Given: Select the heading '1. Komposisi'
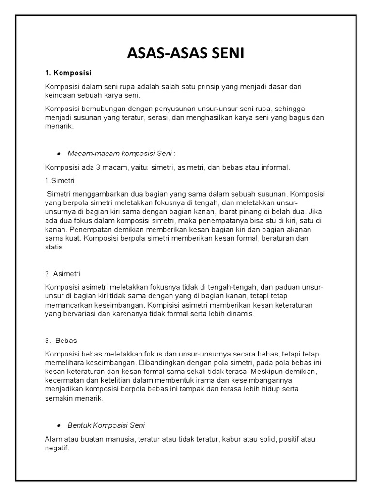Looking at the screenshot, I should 68,73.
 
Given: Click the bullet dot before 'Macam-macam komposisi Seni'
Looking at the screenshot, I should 59,153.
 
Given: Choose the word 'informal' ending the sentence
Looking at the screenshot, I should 274,168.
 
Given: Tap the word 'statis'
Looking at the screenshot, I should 54,247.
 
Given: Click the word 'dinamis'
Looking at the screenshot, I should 239,314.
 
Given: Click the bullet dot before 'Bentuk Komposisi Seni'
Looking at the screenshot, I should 59,425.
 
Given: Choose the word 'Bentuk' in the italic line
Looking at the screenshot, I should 77,425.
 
